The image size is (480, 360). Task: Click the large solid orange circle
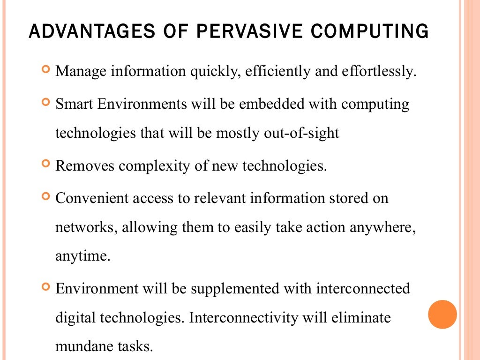click(442, 315)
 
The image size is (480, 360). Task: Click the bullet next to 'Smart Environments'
click(45, 102)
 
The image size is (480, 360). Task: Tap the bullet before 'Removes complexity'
click(45, 165)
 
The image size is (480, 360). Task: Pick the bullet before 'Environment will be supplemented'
click(45, 286)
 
